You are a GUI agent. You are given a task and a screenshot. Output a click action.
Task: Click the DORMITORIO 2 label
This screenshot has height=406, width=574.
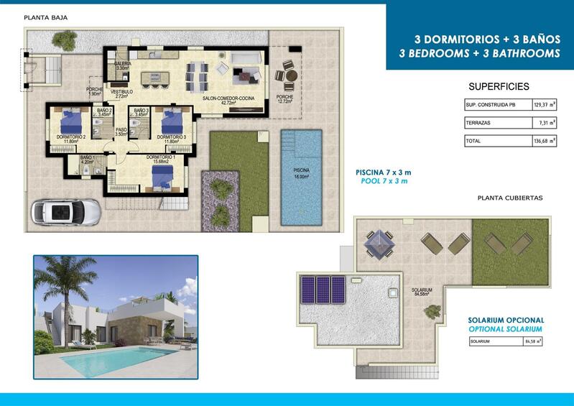pyautogui.click(x=70, y=139)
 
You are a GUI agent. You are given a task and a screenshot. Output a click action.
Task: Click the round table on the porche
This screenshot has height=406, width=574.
pyautogui.click(x=288, y=75)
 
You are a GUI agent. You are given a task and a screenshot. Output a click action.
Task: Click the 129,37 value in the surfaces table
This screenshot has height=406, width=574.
pyautogui.click(x=540, y=105)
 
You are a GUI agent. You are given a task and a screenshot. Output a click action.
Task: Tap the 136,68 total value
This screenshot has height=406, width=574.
pyautogui.click(x=540, y=141)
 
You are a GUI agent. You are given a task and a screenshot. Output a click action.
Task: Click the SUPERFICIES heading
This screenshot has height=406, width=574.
pyautogui.click(x=499, y=86)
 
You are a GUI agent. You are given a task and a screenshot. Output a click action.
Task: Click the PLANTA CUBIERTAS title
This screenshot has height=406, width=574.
pyautogui.click(x=510, y=197)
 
